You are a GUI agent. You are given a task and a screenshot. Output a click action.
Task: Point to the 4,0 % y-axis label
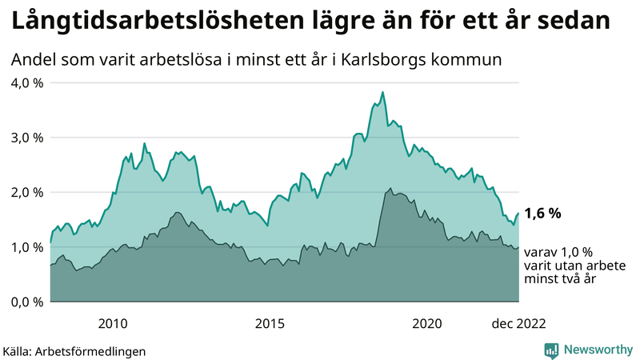tap(26, 82)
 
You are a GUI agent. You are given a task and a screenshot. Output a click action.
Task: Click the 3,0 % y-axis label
tap(26, 138)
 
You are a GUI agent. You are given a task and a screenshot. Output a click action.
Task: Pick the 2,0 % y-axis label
tap(26, 192)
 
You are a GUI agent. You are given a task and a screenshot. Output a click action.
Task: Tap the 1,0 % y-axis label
tap(26, 247)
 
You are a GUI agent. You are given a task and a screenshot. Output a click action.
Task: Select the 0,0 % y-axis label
tap(26, 302)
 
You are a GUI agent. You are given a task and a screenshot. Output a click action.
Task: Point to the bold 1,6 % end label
tap(543, 214)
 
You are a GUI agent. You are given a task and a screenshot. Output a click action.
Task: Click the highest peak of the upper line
tap(383, 93)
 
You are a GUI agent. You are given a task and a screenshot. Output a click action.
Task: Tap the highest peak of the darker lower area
tap(390, 189)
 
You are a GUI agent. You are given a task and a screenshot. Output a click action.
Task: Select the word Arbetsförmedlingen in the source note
tap(91, 350)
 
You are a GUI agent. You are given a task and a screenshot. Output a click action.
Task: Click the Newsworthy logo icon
tap(551, 350)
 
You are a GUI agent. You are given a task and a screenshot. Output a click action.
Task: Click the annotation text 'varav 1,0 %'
tap(562, 252)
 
